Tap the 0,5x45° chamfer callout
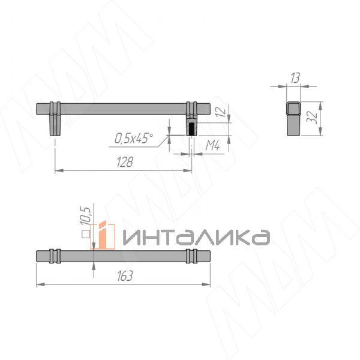[133, 139]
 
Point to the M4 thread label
[212, 145]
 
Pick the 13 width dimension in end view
[293, 77]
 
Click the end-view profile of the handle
[293, 118]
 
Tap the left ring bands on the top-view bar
[55, 255]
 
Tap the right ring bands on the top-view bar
[192, 255]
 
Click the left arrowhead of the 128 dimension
[57, 171]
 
